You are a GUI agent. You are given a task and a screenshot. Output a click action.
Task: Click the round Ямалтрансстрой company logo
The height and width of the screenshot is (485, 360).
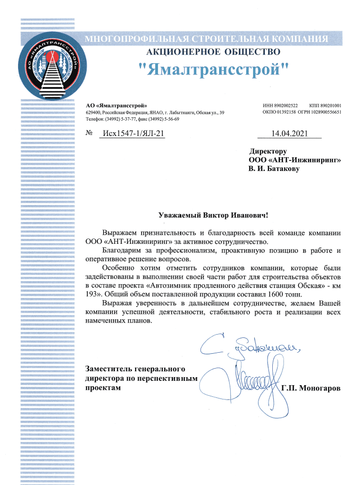click(x=51, y=67)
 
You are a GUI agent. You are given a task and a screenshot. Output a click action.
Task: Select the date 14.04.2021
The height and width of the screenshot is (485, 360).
click(x=289, y=133)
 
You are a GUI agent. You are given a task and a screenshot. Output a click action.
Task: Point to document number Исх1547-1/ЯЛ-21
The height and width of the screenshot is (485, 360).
click(x=132, y=133)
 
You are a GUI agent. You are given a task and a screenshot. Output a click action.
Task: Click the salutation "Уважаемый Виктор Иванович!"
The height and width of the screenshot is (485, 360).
click(x=213, y=215)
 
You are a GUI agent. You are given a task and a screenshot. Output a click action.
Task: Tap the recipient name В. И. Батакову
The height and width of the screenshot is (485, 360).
click(x=274, y=169)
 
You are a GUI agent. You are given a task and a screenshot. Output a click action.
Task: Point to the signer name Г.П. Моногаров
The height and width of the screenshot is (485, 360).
click(x=311, y=388)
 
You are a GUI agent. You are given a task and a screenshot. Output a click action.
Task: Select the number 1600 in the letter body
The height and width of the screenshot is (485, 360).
click(x=261, y=294)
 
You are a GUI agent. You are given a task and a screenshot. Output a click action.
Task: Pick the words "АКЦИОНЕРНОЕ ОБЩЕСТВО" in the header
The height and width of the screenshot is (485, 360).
click(x=213, y=52)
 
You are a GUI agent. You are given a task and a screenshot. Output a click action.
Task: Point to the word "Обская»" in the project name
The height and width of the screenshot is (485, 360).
click(x=306, y=285)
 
